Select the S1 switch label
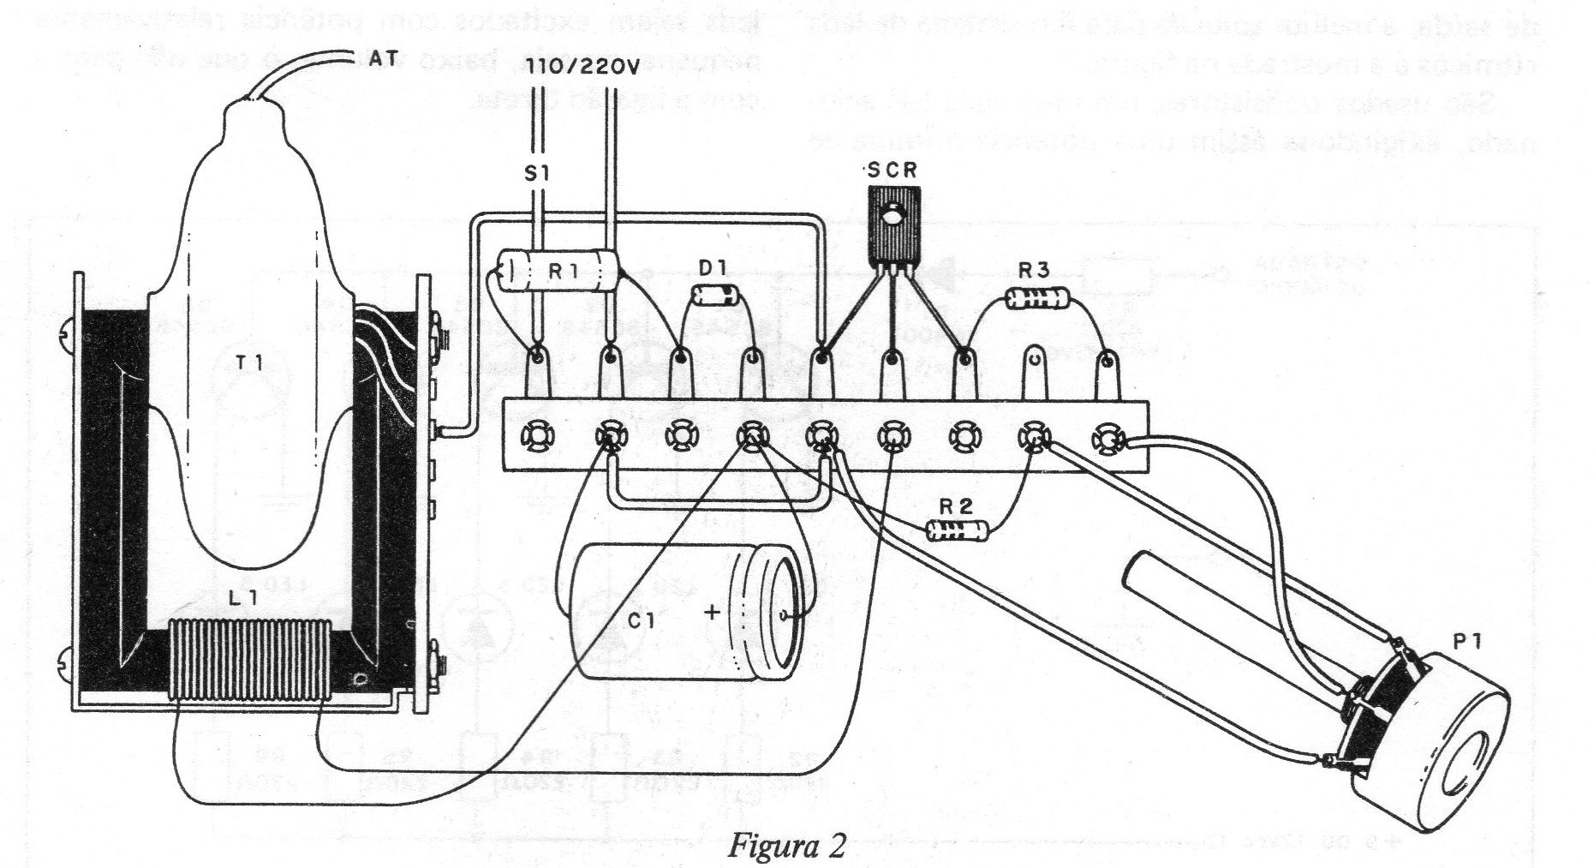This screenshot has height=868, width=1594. (537, 174)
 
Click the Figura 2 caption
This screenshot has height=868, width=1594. (787, 846)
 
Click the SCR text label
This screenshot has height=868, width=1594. (891, 171)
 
